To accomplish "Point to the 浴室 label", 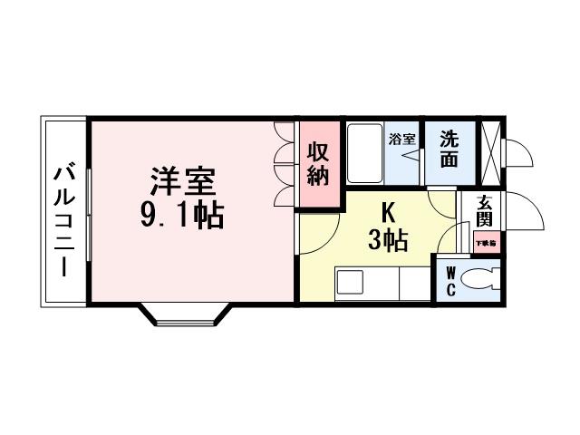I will (401, 140).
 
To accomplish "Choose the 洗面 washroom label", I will (450, 150).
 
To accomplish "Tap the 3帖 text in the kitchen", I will (387, 241).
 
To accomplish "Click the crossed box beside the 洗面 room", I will (490, 150).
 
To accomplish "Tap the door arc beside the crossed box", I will (517, 153).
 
